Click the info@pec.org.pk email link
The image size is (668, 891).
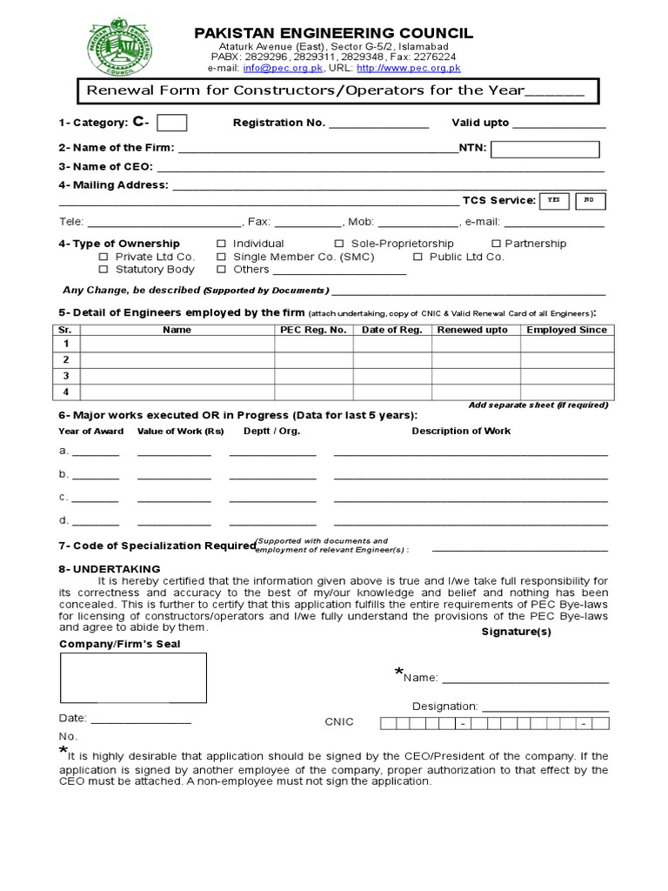pyautogui.click(x=267, y=68)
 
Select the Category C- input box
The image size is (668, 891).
pyautogui.click(x=172, y=123)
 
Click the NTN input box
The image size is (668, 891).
pyautogui.click(x=545, y=150)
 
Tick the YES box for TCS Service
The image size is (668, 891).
pyautogui.click(x=554, y=201)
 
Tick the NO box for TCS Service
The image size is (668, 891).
pyautogui.click(x=589, y=201)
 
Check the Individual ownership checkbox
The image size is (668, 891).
pyautogui.click(x=221, y=245)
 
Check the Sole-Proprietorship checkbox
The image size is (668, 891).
pyautogui.click(x=340, y=245)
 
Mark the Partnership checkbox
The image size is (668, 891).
pyautogui.click(x=497, y=245)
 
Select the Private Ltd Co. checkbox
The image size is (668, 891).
pyautogui.click(x=104, y=258)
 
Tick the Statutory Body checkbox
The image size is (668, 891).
pyautogui.click(x=104, y=271)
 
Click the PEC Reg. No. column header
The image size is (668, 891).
pyautogui.click(x=314, y=330)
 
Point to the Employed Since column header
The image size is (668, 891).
pyautogui.click(x=566, y=330)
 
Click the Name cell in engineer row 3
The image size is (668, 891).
pyautogui.click(x=177, y=375)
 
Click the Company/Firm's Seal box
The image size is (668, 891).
pyautogui.click(x=133, y=677)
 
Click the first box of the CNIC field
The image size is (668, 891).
pyautogui.click(x=388, y=723)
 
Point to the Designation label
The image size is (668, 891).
pyautogui.click(x=444, y=707)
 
